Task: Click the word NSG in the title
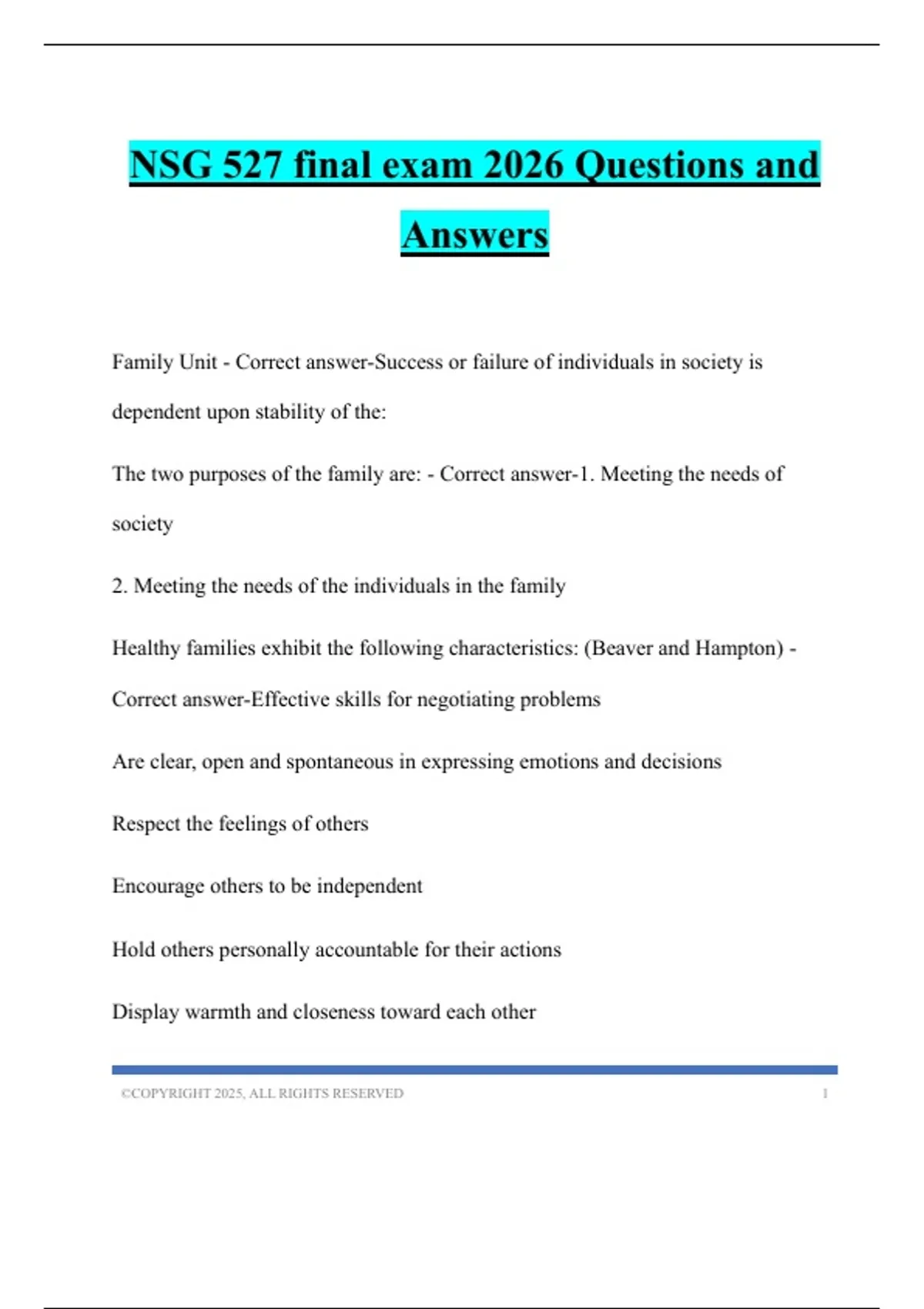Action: coord(170,165)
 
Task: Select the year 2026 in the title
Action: coord(524,165)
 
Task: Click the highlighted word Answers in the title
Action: coord(474,234)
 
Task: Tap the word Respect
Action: coord(146,824)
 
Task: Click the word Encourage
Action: coord(158,886)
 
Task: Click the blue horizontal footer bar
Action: coord(474,1070)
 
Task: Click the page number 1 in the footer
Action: coord(825,1093)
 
